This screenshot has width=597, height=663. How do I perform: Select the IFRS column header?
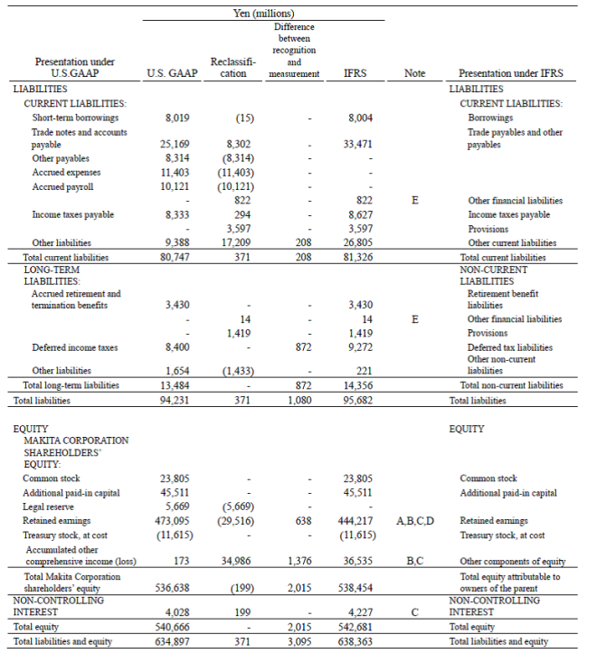355,73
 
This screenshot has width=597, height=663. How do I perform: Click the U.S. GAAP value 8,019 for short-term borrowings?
178,118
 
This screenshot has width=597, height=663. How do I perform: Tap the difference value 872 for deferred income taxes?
303,346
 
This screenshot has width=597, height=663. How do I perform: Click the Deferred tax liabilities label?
509,346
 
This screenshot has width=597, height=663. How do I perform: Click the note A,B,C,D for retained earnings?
414,520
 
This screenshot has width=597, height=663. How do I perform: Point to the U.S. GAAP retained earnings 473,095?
175,520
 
